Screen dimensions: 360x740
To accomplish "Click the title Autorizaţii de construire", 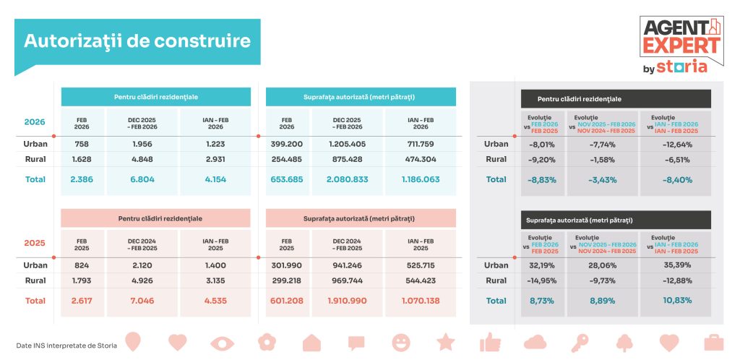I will click(x=137, y=40).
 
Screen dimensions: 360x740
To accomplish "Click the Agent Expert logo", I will click(x=681, y=45).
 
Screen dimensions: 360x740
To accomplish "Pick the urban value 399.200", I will click(x=287, y=144).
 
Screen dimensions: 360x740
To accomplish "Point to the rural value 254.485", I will click(x=287, y=159).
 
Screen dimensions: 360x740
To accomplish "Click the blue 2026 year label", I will click(x=35, y=122).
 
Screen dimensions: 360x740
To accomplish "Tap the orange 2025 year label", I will click(x=35, y=244).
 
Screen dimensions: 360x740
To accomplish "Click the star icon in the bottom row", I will click(x=446, y=341).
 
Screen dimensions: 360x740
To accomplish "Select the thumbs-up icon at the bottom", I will click(x=490, y=341).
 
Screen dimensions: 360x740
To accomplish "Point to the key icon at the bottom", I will click(x=580, y=341).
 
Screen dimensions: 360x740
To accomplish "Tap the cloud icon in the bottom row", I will click(x=535, y=341).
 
